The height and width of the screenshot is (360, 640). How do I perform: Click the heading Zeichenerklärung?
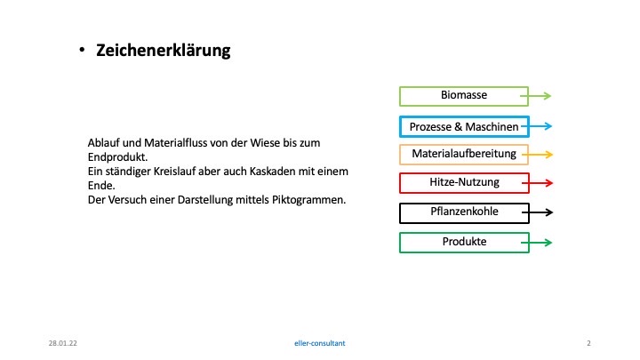(x=164, y=51)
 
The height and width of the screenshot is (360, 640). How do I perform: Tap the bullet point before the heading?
(x=82, y=50)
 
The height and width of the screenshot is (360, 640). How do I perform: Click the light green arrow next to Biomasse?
(x=535, y=96)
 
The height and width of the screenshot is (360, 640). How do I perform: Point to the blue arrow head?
(x=548, y=126)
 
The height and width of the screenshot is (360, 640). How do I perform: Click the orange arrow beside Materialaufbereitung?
(x=537, y=155)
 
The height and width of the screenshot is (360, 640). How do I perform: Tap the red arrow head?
(x=549, y=183)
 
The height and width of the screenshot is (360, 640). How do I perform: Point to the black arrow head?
(x=549, y=212)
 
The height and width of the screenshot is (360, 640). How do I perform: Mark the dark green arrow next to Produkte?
(x=537, y=243)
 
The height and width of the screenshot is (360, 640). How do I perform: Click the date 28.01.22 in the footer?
(x=62, y=343)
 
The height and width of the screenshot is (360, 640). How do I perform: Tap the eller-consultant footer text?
(x=320, y=343)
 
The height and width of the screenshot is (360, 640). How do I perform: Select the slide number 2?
(x=588, y=343)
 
